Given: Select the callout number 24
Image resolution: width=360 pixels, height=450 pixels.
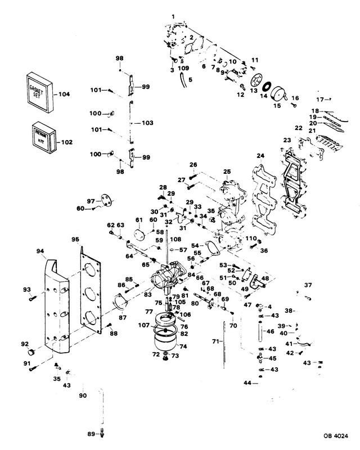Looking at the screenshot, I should pyautogui.click(x=260, y=156).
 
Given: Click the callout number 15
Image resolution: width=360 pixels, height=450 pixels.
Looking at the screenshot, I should pyautogui.click(x=276, y=105).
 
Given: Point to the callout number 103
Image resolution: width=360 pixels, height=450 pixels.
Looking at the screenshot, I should pyautogui.click(x=147, y=122).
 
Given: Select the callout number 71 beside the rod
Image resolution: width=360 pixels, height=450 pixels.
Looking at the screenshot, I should pyautogui.click(x=214, y=341).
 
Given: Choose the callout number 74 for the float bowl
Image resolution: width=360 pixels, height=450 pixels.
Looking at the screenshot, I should pyautogui.click(x=183, y=347).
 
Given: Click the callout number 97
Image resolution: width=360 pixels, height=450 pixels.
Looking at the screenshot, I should pyautogui.click(x=91, y=201).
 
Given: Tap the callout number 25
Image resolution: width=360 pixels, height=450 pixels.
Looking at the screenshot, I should pyautogui.click(x=227, y=171).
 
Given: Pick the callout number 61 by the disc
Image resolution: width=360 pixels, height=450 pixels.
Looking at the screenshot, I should pyautogui.click(x=138, y=219).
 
